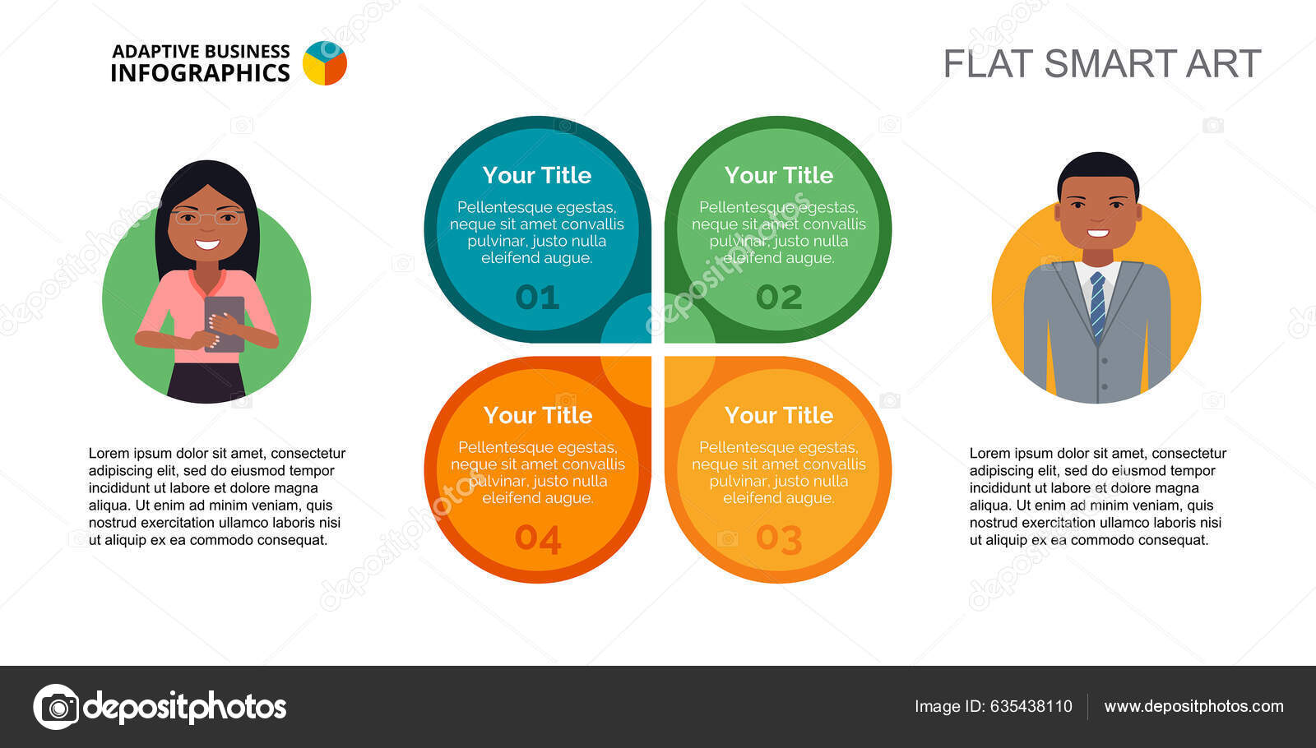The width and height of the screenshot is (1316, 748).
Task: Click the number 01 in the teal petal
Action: [537, 297]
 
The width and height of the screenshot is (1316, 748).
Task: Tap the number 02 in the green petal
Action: [779, 297]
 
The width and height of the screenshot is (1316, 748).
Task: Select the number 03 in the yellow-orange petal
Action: [779, 538]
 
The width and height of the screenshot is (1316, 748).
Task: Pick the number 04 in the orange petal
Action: [538, 538]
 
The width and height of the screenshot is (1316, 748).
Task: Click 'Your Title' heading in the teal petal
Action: [537, 175]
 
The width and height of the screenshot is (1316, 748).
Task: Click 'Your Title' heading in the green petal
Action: [779, 175]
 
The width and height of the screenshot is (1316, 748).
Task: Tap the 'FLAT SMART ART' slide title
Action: [1102, 63]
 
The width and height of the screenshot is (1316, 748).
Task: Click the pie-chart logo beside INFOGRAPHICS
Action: [325, 62]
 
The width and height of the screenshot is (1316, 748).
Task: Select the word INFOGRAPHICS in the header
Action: [201, 73]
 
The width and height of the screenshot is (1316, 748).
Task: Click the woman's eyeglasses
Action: [206, 217]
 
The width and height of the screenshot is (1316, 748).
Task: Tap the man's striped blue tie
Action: [1097, 304]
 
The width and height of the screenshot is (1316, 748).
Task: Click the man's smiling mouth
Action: [1098, 233]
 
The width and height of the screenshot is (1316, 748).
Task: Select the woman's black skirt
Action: [206, 383]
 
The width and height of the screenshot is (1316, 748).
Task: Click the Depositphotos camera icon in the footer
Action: [57, 707]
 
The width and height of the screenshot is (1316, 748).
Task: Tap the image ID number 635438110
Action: [1031, 706]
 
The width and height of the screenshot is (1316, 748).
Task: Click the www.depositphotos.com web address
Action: [1193, 706]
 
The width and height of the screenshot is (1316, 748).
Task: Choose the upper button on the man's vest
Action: [1105, 361]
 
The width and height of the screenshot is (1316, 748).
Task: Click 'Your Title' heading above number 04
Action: [538, 415]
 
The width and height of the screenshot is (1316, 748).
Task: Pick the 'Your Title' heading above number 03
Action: [779, 415]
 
